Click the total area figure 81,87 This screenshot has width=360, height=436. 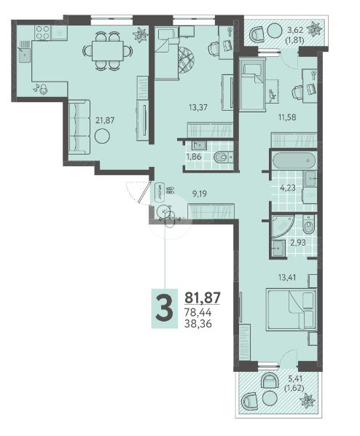click(203, 297)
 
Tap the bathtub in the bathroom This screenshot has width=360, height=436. click(293, 161)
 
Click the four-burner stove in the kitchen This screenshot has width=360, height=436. click(42, 31)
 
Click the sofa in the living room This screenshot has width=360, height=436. click(79, 127)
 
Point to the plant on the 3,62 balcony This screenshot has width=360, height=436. click(315, 30)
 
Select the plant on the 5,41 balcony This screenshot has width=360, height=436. click(308, 400)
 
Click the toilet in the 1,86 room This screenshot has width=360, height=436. click(221, 157)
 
